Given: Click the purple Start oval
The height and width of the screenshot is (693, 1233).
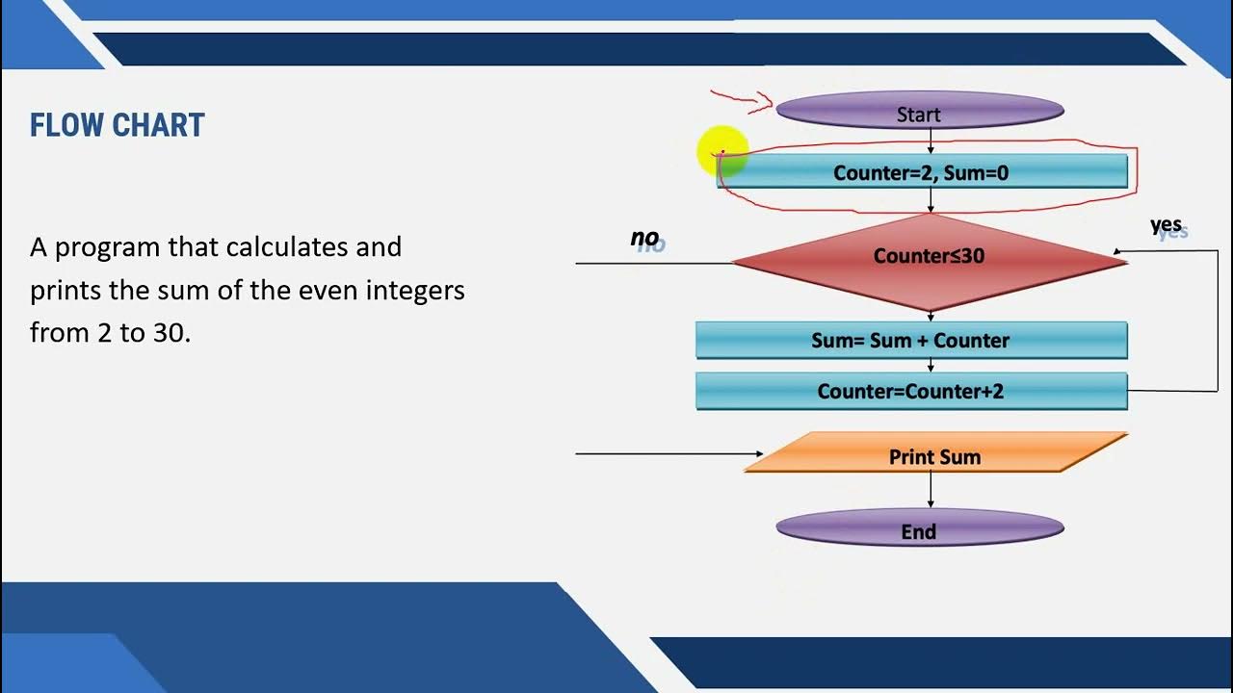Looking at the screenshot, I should click(919, 113).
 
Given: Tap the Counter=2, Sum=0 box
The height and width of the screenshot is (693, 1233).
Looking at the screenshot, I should click(922, 172).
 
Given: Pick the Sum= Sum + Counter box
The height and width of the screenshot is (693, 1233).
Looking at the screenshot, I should click(910, 341).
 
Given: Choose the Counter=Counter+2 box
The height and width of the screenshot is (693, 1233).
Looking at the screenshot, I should click(910, 391).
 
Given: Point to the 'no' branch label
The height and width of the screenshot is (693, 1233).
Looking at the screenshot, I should click(644, 238).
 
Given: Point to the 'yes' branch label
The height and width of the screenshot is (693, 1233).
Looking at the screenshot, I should click(1167, 225).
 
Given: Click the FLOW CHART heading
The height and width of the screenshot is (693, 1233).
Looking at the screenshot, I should click(117, 125).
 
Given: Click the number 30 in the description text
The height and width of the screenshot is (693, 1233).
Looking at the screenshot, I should click(171, 333).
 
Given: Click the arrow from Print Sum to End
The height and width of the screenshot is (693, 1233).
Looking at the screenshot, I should click(931, 490).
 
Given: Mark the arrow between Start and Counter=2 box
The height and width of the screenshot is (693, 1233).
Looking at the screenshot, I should click(931, 141).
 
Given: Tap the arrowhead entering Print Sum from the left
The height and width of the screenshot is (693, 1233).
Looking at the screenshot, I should click(758, 453).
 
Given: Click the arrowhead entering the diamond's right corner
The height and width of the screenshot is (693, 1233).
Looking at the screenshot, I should click(1118, 252).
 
